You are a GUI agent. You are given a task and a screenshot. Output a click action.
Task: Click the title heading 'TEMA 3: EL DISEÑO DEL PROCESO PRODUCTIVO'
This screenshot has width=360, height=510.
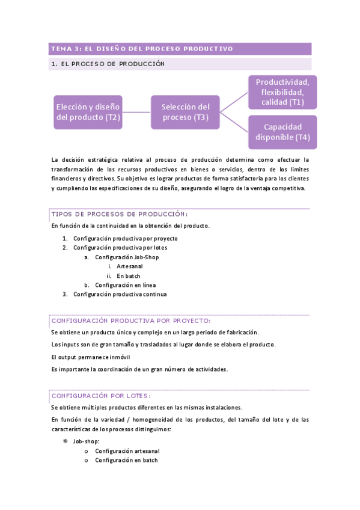[x=142, y=49]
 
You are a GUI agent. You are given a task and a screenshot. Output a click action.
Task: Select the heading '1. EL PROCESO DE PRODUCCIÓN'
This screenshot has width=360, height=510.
[x=108, y=64]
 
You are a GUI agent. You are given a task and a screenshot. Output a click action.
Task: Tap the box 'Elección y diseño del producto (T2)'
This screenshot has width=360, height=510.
[x=88, y=112]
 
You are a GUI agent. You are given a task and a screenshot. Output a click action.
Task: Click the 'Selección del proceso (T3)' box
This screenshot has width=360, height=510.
[x=185, y=112]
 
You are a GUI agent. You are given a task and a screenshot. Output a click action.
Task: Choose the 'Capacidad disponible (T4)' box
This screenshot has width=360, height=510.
[x=282, y=132]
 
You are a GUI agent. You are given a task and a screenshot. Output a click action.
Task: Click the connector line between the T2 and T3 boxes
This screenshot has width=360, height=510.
[x=137, y=112]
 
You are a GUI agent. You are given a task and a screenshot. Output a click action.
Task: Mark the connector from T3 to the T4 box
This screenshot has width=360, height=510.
[x=234, y=122]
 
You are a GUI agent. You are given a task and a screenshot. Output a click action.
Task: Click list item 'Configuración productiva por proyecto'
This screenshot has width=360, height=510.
[x=125, y=238]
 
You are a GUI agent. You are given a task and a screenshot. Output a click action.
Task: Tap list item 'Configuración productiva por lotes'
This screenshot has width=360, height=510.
[x=120, y=247]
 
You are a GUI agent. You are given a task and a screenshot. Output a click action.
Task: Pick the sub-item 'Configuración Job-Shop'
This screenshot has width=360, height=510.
[x=127, y=257]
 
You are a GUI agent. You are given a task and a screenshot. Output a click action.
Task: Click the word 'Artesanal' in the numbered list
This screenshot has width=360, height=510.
[x=130, y=266]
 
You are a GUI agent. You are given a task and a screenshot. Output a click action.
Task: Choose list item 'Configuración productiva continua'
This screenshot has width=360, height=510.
[x=120, y=294]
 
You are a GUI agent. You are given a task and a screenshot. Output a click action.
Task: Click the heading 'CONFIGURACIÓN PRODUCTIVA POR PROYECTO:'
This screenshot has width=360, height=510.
[x=131, y=321]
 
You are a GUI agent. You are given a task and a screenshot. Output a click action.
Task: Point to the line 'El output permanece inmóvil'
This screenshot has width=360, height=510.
[x=91, y=357]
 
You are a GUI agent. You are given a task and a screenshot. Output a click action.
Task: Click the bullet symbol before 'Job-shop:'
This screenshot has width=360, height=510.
[x=65, y=441]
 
